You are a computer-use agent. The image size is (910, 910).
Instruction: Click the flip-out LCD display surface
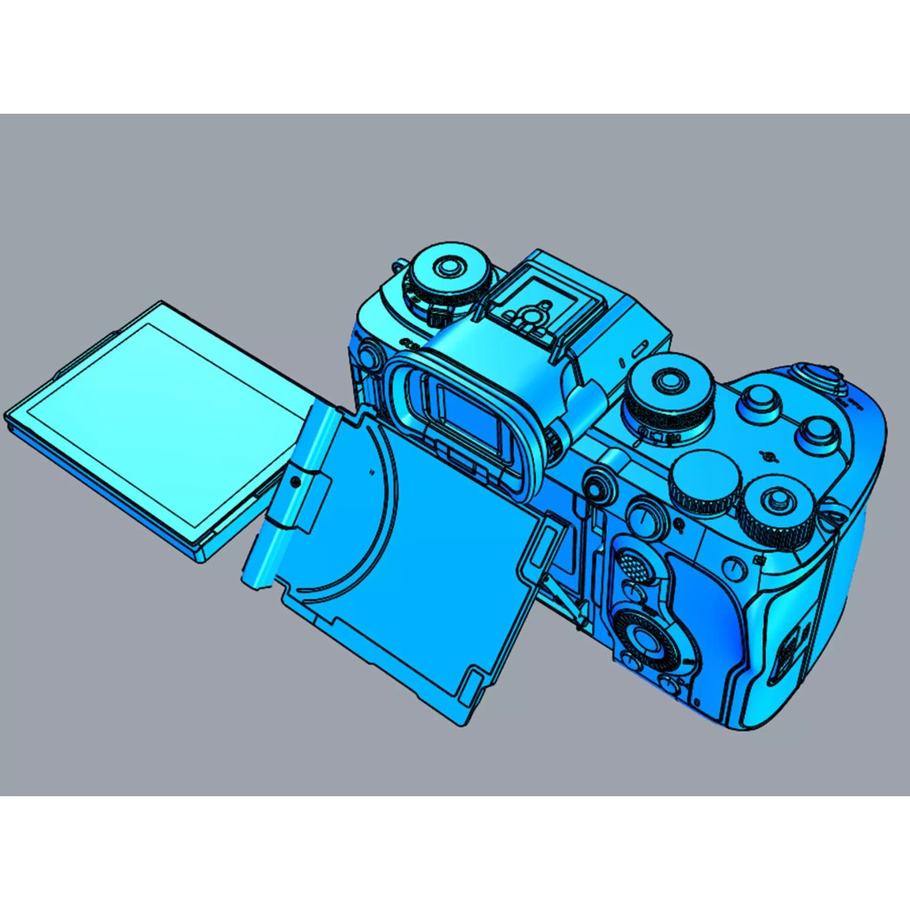[160, 421]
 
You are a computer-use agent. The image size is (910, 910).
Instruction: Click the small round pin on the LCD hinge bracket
[296, 480]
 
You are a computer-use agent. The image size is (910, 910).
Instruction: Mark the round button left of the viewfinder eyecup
[367, 358]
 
